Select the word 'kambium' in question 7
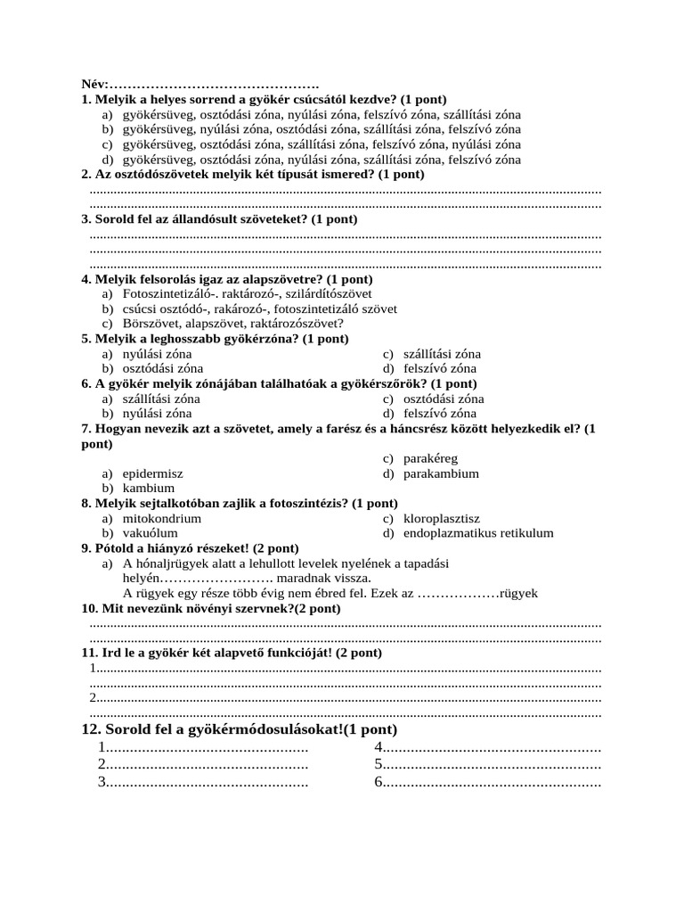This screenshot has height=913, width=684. pos(149,489)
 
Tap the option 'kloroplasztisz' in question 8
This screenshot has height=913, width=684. pos(442,518)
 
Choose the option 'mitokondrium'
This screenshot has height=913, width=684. pos(162,518)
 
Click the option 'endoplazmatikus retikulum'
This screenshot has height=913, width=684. pos(478,533)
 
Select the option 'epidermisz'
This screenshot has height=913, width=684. pos(152,473)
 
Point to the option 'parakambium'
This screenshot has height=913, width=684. pos(441,473)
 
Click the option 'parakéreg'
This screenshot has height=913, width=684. pos(430,458)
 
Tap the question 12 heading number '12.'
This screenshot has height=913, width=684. pos(92,729)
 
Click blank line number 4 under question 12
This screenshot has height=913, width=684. pos(487,747)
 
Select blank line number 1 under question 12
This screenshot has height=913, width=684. pos(204,747)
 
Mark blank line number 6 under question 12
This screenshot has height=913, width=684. pos(487,783)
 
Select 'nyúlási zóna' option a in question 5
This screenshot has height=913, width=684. pos(157,354)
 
